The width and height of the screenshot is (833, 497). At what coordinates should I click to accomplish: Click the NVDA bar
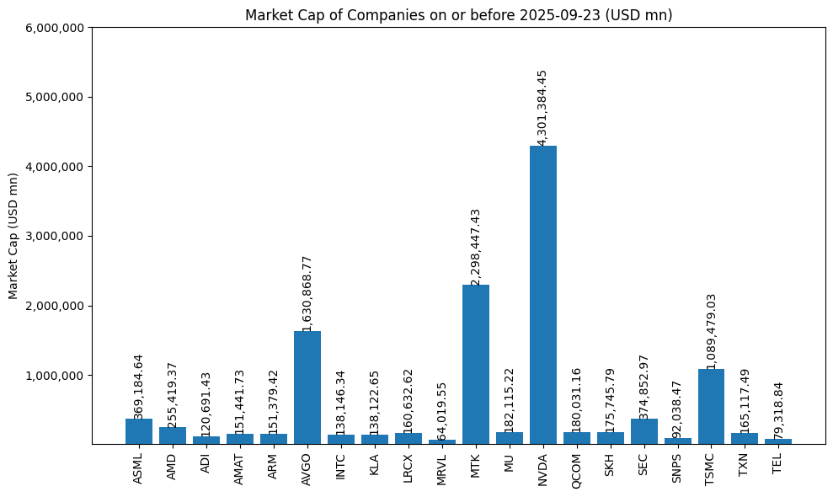click(542, 295)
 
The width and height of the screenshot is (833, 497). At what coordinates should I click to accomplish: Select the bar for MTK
click(475, 364)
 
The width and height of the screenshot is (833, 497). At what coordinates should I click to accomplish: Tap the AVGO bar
click(307, 387)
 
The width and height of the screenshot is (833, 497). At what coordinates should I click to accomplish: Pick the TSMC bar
click(711, 406)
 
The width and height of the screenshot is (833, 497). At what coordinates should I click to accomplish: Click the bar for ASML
click(138, 431)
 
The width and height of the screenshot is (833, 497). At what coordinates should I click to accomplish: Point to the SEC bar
click(643, 431)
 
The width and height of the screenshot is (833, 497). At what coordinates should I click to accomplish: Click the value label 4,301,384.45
click(542, 108)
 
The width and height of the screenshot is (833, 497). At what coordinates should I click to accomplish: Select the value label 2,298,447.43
click(475, 247)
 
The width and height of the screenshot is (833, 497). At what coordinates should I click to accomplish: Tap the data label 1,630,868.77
click(307, 293)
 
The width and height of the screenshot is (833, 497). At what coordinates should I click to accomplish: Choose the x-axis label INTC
click(340, 466)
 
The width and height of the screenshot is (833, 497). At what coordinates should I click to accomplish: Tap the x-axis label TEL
click(777, 463)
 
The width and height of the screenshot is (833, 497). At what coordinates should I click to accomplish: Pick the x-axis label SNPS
click(677, 468)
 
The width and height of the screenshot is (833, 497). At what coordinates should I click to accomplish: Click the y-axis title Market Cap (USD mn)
click(13, 236)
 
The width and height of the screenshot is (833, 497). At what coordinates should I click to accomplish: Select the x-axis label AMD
click(172, 466)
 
